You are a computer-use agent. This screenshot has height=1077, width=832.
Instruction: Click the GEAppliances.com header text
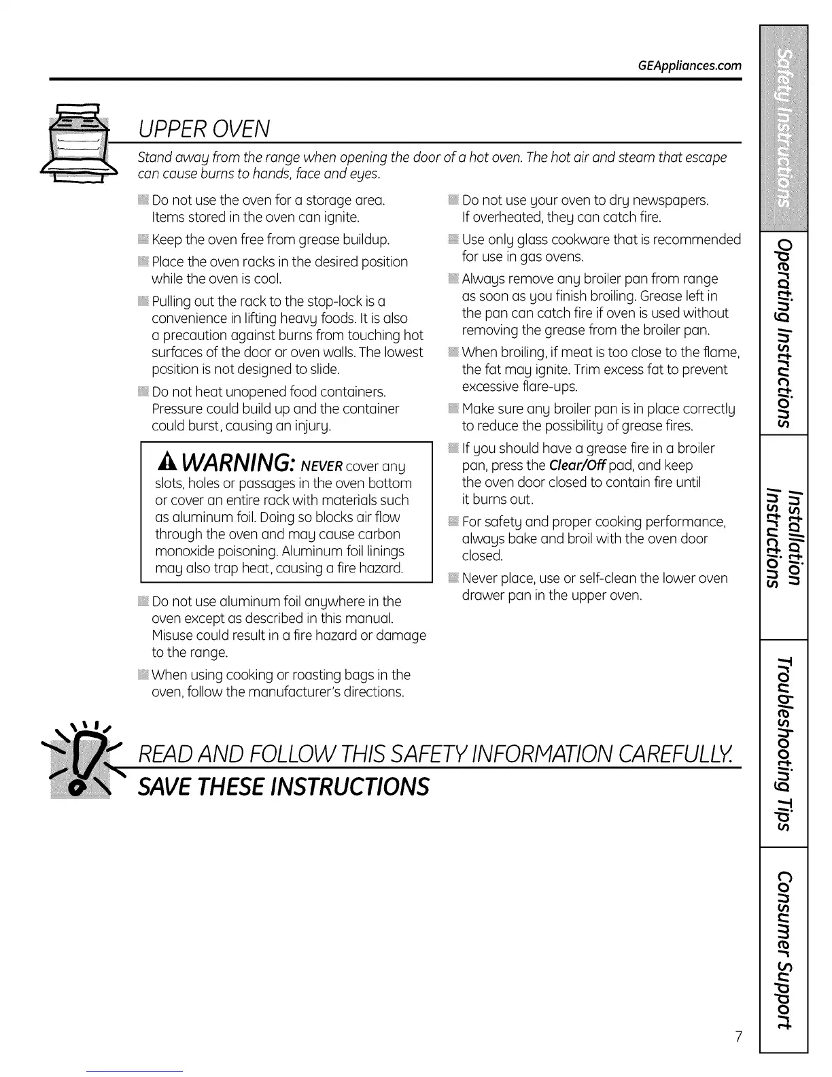690,66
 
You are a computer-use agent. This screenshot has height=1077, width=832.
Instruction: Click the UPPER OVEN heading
204,128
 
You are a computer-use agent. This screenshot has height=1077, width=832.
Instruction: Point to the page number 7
738,1037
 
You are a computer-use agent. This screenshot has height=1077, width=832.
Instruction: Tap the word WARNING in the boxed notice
236,462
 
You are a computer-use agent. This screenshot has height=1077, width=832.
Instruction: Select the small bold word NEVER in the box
322,466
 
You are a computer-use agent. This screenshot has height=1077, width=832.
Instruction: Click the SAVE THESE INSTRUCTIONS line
283,787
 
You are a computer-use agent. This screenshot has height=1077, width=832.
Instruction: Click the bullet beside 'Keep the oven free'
143,240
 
